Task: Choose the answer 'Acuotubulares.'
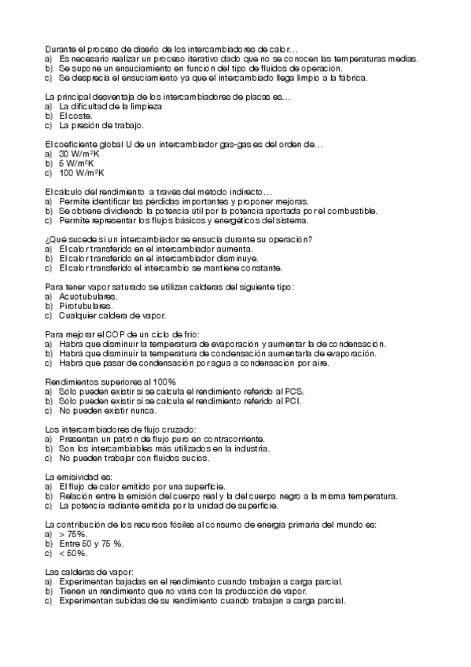(87, 297)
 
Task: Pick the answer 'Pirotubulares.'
(86, 306)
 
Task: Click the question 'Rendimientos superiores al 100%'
(110, 381)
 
